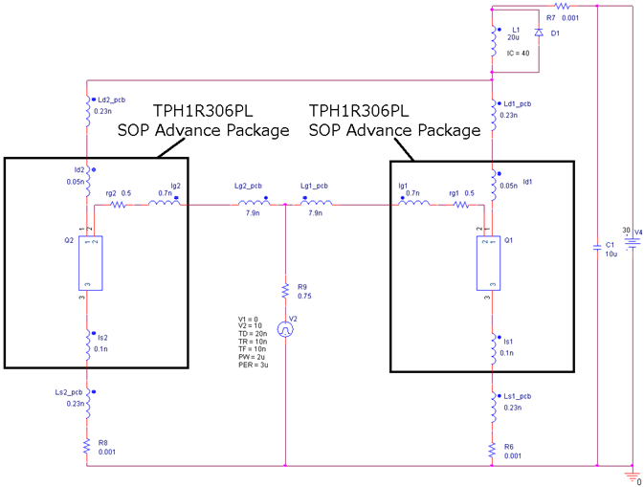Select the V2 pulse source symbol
click(x=285, y=328)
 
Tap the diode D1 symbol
click(x=538, y=33)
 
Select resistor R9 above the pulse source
click(x=285, y=290)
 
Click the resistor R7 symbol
click(x=563, y=6)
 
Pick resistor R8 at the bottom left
click(x=87, y=446)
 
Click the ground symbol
click(x=632, y=474)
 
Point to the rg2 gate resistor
click(x=119, y=204)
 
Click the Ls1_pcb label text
click(x=518, y=396)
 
